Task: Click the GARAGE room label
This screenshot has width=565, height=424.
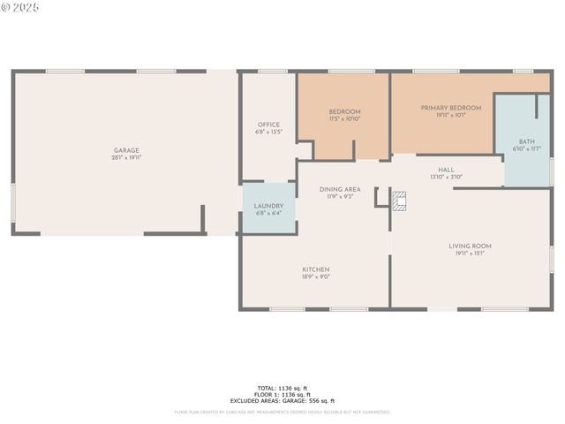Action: click(x=126, y=150)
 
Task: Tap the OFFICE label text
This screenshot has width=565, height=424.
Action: click(x=268, y=125)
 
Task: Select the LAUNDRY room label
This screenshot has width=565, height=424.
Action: click(x=268, y=206)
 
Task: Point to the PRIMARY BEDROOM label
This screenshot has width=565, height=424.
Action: click(x=451, y=108)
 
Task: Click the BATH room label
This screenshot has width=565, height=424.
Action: click(x=526, y=141)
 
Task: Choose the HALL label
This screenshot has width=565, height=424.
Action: click(x=447, y=169)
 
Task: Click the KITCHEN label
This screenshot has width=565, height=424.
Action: click(x=316, y=269)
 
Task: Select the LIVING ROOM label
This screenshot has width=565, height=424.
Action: click(x=470, y=246)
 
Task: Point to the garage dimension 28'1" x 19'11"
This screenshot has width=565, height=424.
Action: click(x=126, y=157)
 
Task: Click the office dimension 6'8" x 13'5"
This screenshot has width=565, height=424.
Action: click(x=268, y=132)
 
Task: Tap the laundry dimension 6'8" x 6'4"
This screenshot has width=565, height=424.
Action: click(x=268, y=213)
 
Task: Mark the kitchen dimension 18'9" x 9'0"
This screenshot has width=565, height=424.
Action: click(x=316, y=276)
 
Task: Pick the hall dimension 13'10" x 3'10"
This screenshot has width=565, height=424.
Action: click(x=447, y=177)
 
